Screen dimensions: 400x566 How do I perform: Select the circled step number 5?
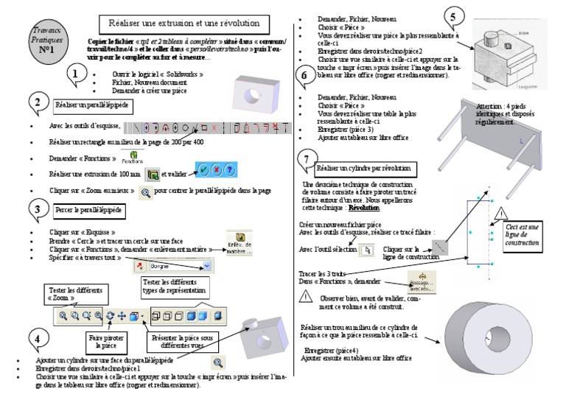(455, 17)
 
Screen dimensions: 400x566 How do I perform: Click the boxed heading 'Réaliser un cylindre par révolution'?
(365, 169)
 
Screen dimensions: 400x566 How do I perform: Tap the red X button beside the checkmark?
(217, 169)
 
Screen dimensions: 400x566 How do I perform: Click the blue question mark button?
(230, 169)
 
